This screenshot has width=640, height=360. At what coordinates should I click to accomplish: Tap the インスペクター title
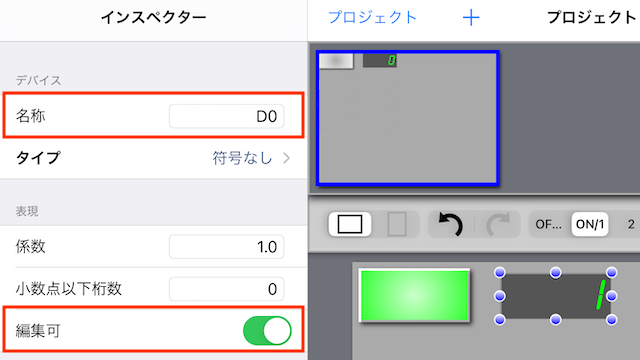pyautogui.click(x=153, y=18)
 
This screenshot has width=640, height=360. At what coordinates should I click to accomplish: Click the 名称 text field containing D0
pyautogui.click(x=227, y=116)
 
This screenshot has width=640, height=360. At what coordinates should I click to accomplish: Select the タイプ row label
pyautogui.click(x=38, y=158)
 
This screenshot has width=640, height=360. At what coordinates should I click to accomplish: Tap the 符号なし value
pyautogui.click(x=242, y=158)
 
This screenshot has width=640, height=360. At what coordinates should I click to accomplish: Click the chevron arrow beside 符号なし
pyautogui.click(x=287, y=158)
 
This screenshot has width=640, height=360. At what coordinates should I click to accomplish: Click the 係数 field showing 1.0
pyautogui.click(x=227, y=247)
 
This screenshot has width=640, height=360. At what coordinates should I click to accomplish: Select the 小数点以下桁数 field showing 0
pyautogui.click(x=227, y=289)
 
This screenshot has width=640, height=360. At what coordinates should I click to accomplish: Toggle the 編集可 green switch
pyautogui.click(x=267, y=331)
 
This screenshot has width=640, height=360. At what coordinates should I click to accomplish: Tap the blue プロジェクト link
pyautogui.click(x=373, y=18)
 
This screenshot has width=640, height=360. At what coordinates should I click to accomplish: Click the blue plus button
pyautogui.click(x=471, y=18)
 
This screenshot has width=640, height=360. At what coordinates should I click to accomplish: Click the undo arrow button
pyautogui.click(x=451, y=224)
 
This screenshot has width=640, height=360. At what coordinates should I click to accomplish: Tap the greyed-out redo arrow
pyautogui.click(x=498, y=224)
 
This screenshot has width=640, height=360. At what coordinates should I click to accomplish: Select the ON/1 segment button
pyautogui.click(x=590, y=224)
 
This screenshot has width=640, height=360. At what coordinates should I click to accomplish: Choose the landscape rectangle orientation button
pyautogui.click(x=350, y=224)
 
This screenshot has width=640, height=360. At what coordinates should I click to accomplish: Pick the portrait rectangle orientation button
pyautogui.click(x=397, y=224)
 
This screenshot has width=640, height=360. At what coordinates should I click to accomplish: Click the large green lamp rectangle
pyautogui.click(x=414, y=296)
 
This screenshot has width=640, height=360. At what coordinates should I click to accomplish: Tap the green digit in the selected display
pyautogui.click(x=600, y=295)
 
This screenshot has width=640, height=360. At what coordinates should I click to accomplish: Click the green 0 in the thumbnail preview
pyautogui.click(x=391, y=61)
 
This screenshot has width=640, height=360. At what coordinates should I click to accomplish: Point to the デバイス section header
pyautogui.click(x=38, y=80)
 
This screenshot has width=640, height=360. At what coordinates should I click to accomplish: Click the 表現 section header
pyautogui.click(x=27, y=211)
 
